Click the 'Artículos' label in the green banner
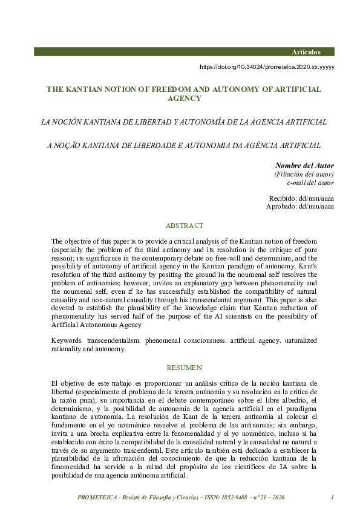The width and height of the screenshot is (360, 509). [314, 52]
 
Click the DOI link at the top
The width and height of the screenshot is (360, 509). [267, 67]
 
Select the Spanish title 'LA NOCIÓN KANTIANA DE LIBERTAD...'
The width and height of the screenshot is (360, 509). [184, 122]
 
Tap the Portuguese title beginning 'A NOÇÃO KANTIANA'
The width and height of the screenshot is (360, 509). [184, 145]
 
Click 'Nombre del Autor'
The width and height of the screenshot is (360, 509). [304, 166]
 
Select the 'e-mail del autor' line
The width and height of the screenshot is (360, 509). [310, 183]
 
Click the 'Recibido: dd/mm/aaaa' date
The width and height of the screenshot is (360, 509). [301, 198]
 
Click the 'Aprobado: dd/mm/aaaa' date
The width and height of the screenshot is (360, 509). [299, 207]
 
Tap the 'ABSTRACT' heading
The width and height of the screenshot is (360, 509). [184, 225]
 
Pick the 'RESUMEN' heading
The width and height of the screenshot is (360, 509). [184, 368]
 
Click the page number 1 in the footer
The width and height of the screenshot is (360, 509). [333, 498]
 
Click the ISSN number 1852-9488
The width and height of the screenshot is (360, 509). [231, 498]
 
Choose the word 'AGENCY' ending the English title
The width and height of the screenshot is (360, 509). [184, 98]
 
